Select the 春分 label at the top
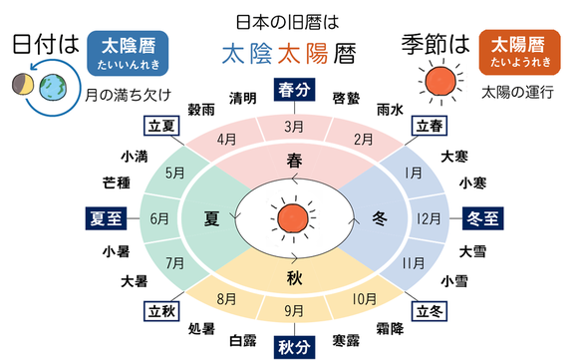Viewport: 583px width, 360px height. click(x=293, y=91)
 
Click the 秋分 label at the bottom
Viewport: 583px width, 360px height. click(x=293, y=346)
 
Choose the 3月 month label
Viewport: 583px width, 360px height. click(x=293, y=127)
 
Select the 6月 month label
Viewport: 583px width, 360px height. click(x=157, y=217)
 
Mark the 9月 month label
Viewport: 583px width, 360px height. click(x=293, y=310)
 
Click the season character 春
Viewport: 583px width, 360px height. click(x=294, y=160)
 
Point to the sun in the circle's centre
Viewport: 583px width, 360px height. click(x=293, y=216)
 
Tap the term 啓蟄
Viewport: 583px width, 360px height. click(x=345, y=97)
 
